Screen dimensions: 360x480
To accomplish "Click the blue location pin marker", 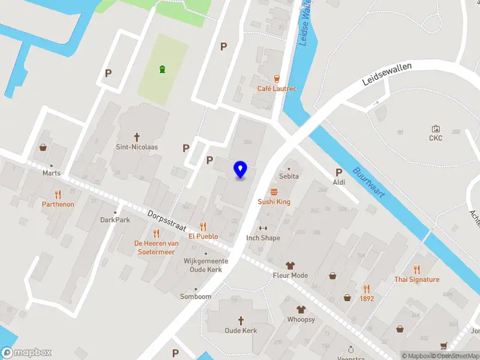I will (241, 170).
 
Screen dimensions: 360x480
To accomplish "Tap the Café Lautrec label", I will (277, 89).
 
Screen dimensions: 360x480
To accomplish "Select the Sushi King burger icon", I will (274, 191).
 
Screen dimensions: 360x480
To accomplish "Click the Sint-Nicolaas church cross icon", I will (137, 136).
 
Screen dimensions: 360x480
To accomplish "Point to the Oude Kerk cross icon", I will (241, 320).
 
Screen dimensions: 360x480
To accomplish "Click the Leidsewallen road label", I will (387, 74).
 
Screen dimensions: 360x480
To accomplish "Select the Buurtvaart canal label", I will (368, 183).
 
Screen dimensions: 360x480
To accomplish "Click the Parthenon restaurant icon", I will (58, 194).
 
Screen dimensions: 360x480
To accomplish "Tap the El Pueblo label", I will (203, 236).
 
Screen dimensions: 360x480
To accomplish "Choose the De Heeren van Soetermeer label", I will (156, 247).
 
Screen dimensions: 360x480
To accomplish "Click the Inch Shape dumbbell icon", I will (263, 228).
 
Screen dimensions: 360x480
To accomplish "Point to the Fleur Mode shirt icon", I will (290, 265).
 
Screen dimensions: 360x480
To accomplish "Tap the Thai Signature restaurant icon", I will (417, 269).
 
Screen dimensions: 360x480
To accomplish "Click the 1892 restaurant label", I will (367, 298).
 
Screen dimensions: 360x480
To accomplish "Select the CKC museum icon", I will (436, 128).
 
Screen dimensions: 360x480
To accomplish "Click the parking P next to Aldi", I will (339, 172).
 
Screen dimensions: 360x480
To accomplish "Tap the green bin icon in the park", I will (162, 70).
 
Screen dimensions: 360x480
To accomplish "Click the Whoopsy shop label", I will (301, 319).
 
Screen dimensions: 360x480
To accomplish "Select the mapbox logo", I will (26, 353).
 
